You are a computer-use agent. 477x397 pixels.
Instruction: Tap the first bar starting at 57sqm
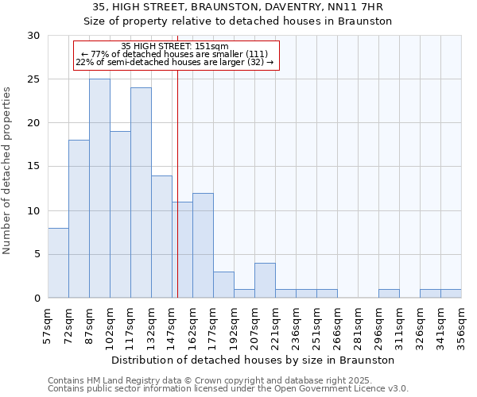[58, 263]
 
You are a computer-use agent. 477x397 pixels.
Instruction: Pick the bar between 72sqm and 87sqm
[79, 219]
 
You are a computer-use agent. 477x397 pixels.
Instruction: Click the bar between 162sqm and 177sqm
[203, 245]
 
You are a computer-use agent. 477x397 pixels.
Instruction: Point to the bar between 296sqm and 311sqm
[389, 294]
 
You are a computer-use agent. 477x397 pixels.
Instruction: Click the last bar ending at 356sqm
[451, 294]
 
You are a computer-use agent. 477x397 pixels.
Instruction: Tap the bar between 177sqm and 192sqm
[223, 285]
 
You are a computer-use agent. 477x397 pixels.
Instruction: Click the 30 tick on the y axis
[35, 36]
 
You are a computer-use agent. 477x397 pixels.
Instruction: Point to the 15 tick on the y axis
[35, 167]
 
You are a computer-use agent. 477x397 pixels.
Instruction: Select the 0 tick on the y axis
[38, 299]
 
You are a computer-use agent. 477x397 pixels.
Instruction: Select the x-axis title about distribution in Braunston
[254, 360]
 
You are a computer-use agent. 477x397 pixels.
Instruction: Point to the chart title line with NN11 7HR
[238, 7]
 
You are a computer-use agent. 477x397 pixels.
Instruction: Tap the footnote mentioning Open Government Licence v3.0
[228, 389]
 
